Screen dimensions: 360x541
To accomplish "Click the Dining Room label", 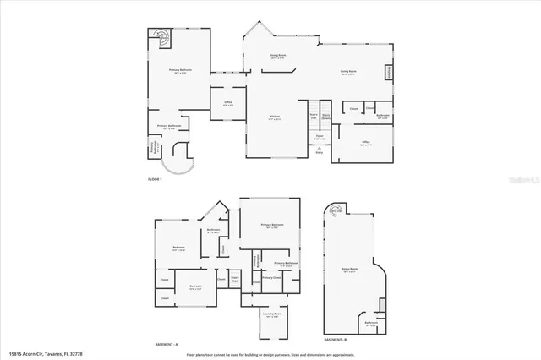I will click(x=277, y=56).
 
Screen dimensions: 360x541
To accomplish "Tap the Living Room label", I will click(x=347, y=72).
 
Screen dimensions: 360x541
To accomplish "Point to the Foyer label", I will click(x=320, y=137).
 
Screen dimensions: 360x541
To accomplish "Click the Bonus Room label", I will click(x=347, y=270).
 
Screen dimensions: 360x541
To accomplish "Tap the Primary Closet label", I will click(x=271, y=277).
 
